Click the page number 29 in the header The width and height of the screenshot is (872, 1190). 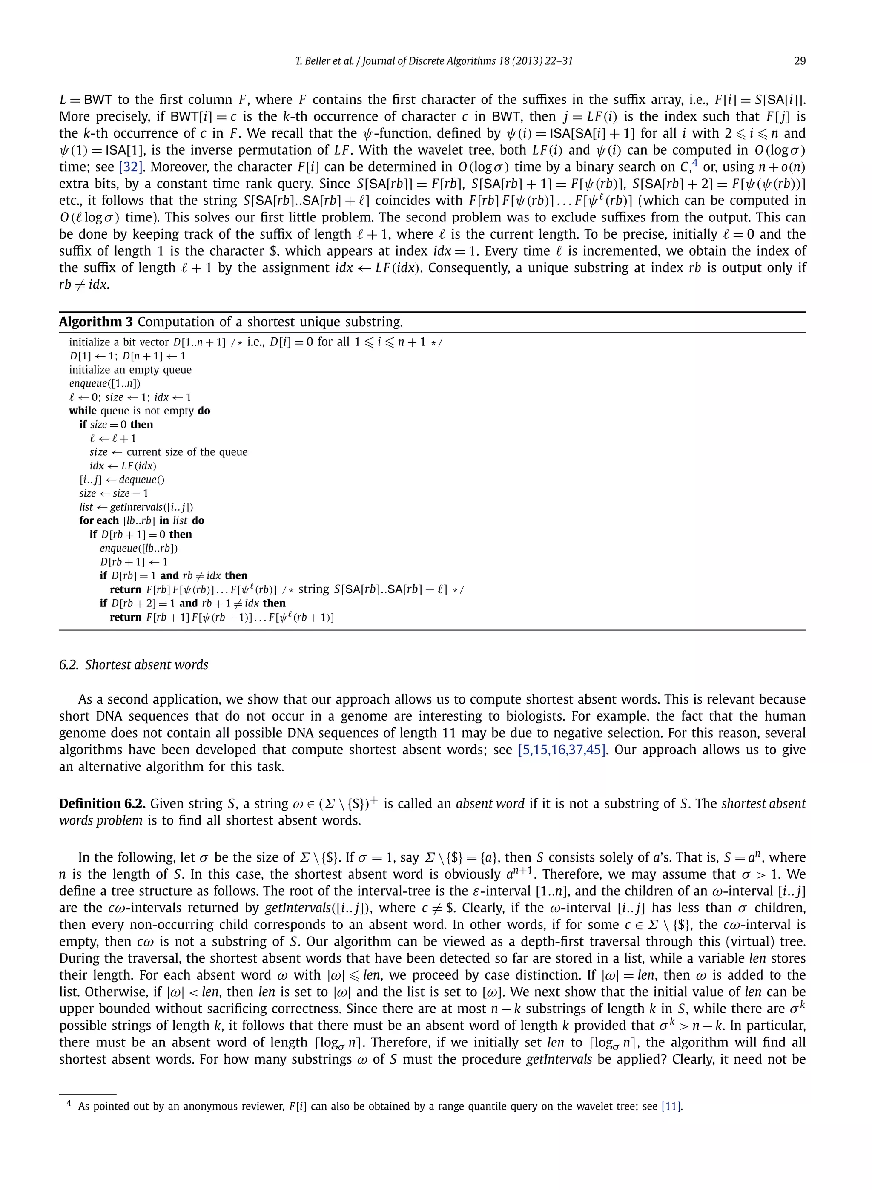(x=799, y=61)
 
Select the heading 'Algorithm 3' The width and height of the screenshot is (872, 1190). (x=95, y=322)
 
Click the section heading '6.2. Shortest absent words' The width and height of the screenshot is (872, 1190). (x=134, y=665)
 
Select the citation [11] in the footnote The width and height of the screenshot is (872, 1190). (x=672, y=1107)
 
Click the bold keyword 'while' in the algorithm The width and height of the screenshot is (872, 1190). (x=82, y=411)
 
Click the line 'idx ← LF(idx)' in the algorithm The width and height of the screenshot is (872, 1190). (x=123, y=466)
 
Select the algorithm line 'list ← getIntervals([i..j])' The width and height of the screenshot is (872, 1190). (x=136, y=507)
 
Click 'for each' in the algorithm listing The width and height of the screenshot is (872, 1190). (x=99, y=520)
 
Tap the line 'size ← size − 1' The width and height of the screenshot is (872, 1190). (x=114, y=493)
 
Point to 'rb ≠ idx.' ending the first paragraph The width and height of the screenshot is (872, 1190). (x=84, y=285)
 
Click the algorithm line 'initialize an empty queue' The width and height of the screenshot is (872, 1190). (x=130, y=370)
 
